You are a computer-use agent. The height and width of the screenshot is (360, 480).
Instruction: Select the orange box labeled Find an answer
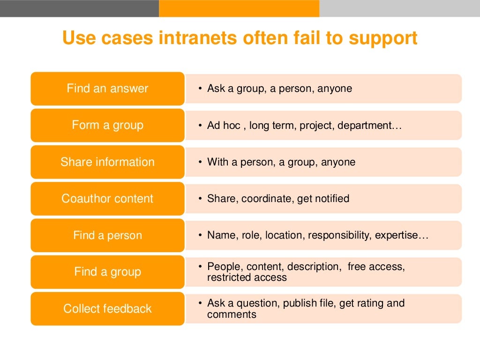tap(107, 89)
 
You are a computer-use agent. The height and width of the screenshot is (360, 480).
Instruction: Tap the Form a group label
tap(107, 125)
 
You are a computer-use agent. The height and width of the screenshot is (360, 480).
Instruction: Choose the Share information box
tap(107, 162)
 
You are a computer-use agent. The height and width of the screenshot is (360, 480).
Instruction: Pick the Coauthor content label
tap(107, 199)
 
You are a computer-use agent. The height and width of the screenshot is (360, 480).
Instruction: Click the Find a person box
tap(107, 235)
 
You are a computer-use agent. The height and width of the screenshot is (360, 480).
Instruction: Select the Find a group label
tap(107, 272)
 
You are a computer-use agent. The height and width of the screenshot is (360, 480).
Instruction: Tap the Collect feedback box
tap(107, 308)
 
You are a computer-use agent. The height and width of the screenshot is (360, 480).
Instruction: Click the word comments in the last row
tap(232, 314)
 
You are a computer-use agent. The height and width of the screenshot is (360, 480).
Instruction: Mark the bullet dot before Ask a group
tap(200, 89)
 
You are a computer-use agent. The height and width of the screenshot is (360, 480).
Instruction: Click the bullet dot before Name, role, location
tap(200, 235)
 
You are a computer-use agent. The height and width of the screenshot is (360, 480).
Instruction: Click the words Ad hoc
tap(224, 126)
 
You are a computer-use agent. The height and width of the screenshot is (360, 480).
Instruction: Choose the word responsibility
tap(339, 235)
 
